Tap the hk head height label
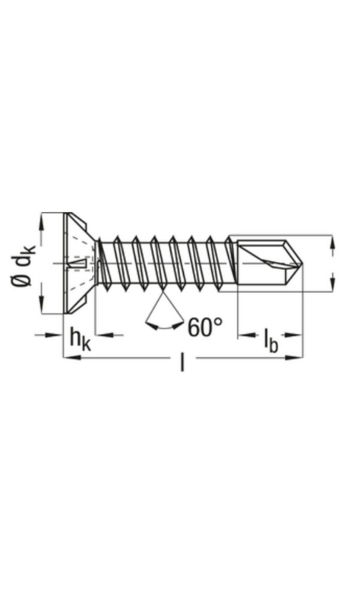pos(80,339)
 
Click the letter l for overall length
pos(182,362)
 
